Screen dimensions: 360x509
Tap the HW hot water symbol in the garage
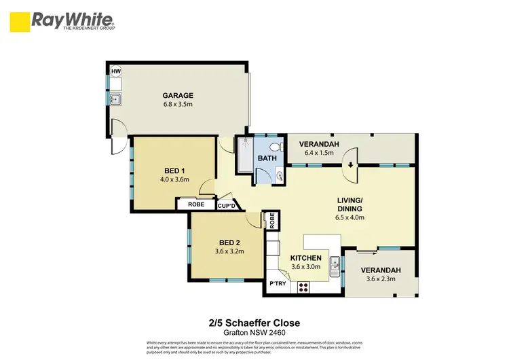[x=115, y=71]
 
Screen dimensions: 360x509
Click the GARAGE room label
[x=178, y=96]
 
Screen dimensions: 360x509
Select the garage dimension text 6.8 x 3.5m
[x=178, y=105]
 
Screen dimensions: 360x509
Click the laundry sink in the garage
[x=116, y=100]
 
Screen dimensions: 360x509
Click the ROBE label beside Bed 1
[x=195, y=203]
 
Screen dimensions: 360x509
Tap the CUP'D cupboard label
[x=226, y=205]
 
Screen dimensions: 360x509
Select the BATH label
[x=266, y=159]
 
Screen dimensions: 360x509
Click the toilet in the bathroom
[x=275, y=147]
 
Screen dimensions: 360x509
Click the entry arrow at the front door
[x=351, y=164]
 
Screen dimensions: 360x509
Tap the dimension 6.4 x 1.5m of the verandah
[x=318, y=153]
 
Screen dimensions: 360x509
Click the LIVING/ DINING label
[x=350, y=204]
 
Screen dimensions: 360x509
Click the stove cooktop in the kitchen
[x=303, y=287]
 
